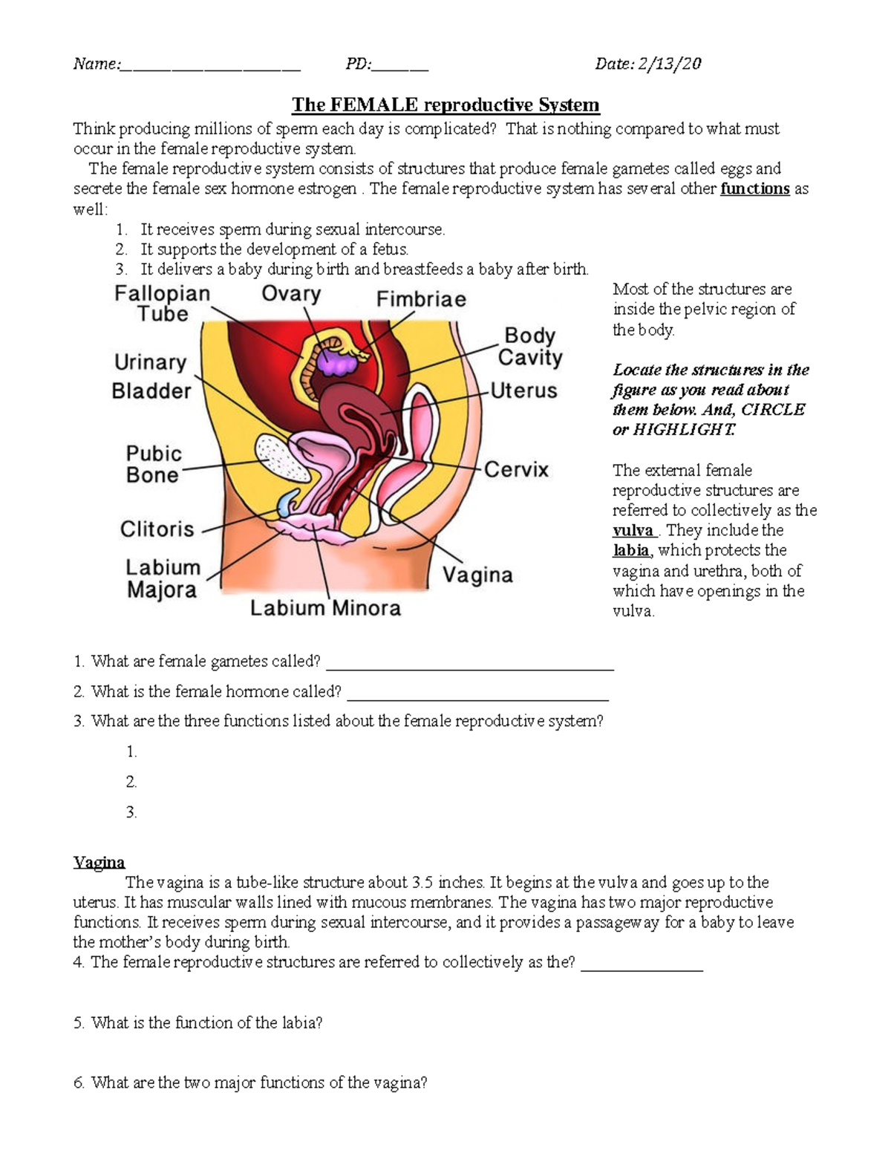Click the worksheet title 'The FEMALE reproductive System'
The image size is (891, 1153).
(x=446, y=105)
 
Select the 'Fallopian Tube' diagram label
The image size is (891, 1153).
(x=162, y=304)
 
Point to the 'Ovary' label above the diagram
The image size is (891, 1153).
(x=291, y=294)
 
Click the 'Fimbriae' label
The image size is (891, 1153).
(x=421, y=299)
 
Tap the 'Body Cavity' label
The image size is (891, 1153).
(x=529, y=346)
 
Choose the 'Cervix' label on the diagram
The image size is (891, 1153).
(x=516, y=469)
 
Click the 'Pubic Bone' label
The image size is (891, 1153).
(x=153, y=464)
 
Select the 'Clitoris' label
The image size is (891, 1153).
(x=157, y=529)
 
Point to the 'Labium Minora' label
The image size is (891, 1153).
(x=325, y=608)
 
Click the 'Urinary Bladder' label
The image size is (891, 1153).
(x=151, y=376)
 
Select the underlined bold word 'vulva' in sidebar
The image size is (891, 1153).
(x=633, y=531)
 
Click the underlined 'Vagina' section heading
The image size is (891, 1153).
(x=99, y=862)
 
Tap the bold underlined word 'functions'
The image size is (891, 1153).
(x=754, y=189)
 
